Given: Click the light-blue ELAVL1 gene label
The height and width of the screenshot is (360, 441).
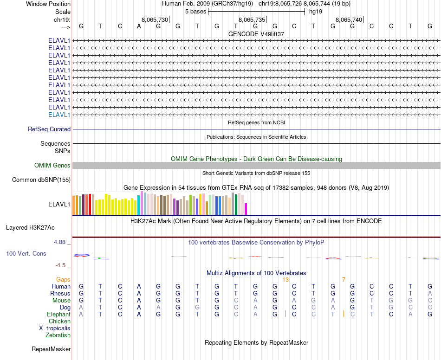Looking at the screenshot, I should tap(59, 115).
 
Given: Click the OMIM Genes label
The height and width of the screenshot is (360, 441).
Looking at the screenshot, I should tap(52, 165).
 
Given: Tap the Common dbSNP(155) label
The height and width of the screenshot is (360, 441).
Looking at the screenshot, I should tap(41, 180).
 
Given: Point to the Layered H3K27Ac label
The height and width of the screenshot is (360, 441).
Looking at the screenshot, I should tap(30, 227).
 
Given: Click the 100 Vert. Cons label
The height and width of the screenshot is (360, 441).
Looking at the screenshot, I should tap(26, 254).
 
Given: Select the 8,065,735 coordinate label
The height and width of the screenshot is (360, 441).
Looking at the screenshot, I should tap(252, 20).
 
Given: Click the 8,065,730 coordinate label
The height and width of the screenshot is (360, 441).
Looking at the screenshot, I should tap(155, 20).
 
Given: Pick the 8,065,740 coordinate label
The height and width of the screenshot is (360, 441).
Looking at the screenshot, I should tap(348, 20).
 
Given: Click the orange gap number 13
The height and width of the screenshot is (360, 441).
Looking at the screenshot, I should tap(285, 279).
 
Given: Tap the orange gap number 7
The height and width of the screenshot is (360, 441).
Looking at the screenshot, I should tap(344, 279).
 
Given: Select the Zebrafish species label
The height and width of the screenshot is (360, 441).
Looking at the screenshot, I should tap(58, 335).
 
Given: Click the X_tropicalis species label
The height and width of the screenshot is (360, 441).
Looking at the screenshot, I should tap(55, 328).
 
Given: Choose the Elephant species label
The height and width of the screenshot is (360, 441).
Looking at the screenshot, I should tap(58, 314).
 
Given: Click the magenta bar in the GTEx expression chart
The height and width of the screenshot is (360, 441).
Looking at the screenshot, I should tap(246, 209).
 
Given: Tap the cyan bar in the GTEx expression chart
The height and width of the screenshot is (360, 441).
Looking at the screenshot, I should tap(139, 205).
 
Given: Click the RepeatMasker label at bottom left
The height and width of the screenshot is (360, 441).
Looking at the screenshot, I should tap(51, 349).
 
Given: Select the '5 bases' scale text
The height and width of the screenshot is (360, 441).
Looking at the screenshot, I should tap(195, 11).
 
